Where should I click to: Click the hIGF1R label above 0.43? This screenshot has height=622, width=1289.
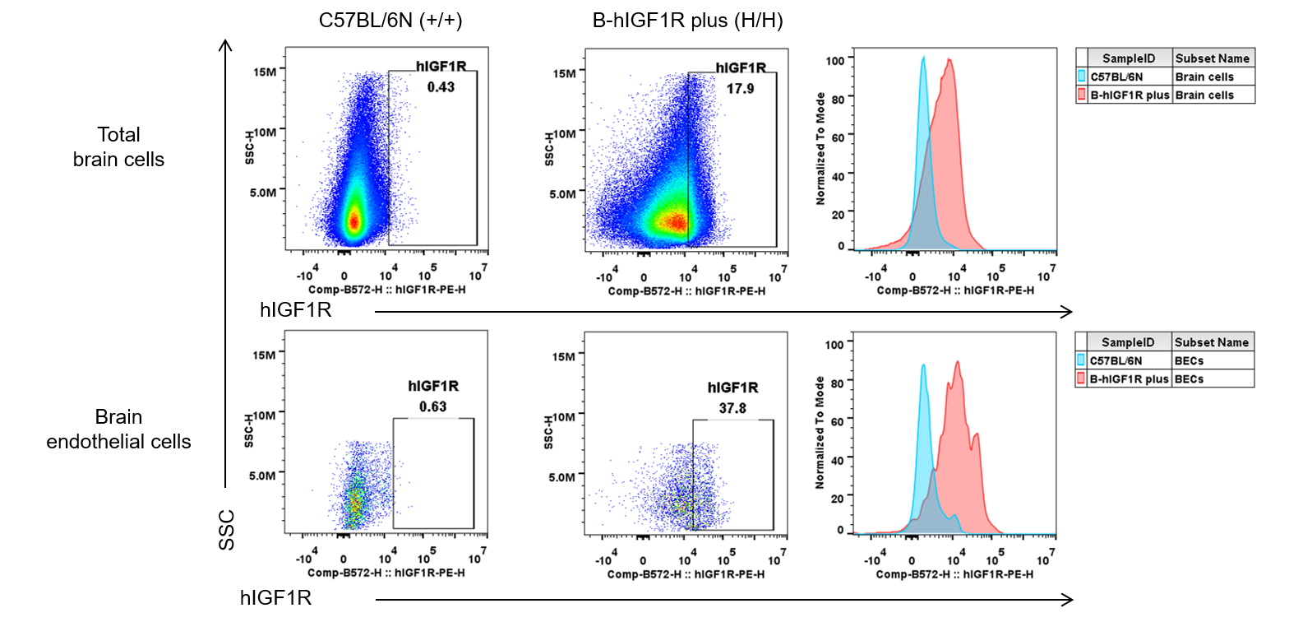tap(441, 67)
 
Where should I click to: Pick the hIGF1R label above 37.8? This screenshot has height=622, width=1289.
tap(733, 387)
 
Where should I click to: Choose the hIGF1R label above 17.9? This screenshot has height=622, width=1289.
tap(741, 67)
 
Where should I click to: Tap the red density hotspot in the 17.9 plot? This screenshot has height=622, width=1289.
tap(674, 221)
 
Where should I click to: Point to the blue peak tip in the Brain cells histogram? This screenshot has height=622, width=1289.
tap(924, 58)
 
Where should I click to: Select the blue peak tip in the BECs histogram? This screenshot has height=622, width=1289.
tap(924, 364)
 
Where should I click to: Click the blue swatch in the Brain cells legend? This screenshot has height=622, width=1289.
tap(1082, 77)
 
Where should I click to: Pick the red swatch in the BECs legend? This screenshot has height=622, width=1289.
tap(1081, 378)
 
